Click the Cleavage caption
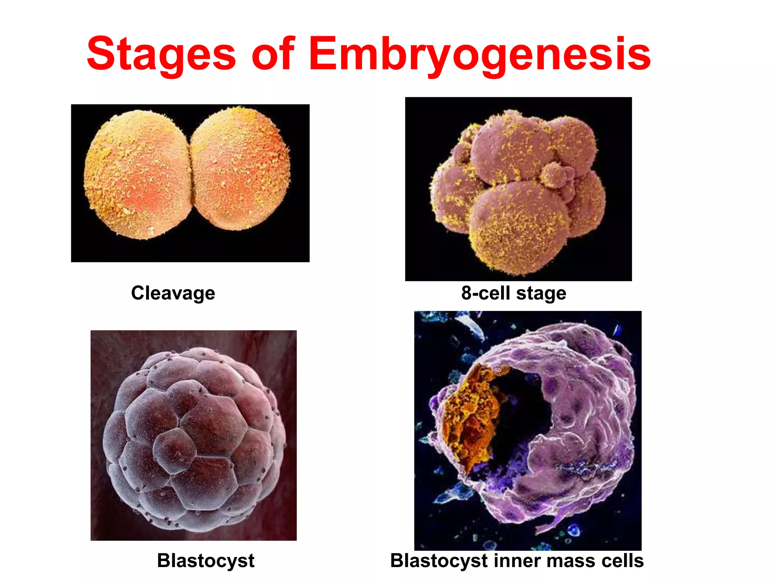173,293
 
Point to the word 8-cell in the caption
485,293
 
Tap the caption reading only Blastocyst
206,561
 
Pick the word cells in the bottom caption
622,561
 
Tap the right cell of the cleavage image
241,169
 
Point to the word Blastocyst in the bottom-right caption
439,561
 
